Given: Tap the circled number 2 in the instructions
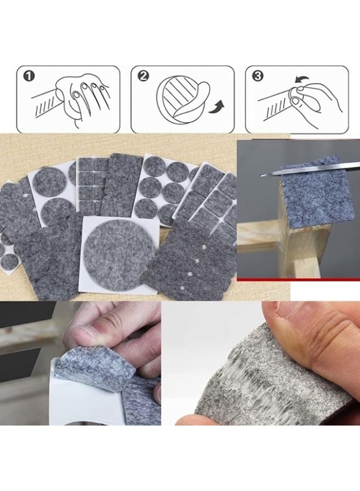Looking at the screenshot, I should point(143,76).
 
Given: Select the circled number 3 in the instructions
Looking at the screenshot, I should point(257,76).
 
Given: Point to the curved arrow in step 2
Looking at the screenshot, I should point(220,104).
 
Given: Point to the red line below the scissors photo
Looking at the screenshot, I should point(298,279).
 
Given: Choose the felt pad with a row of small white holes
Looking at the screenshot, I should point(185,262).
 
